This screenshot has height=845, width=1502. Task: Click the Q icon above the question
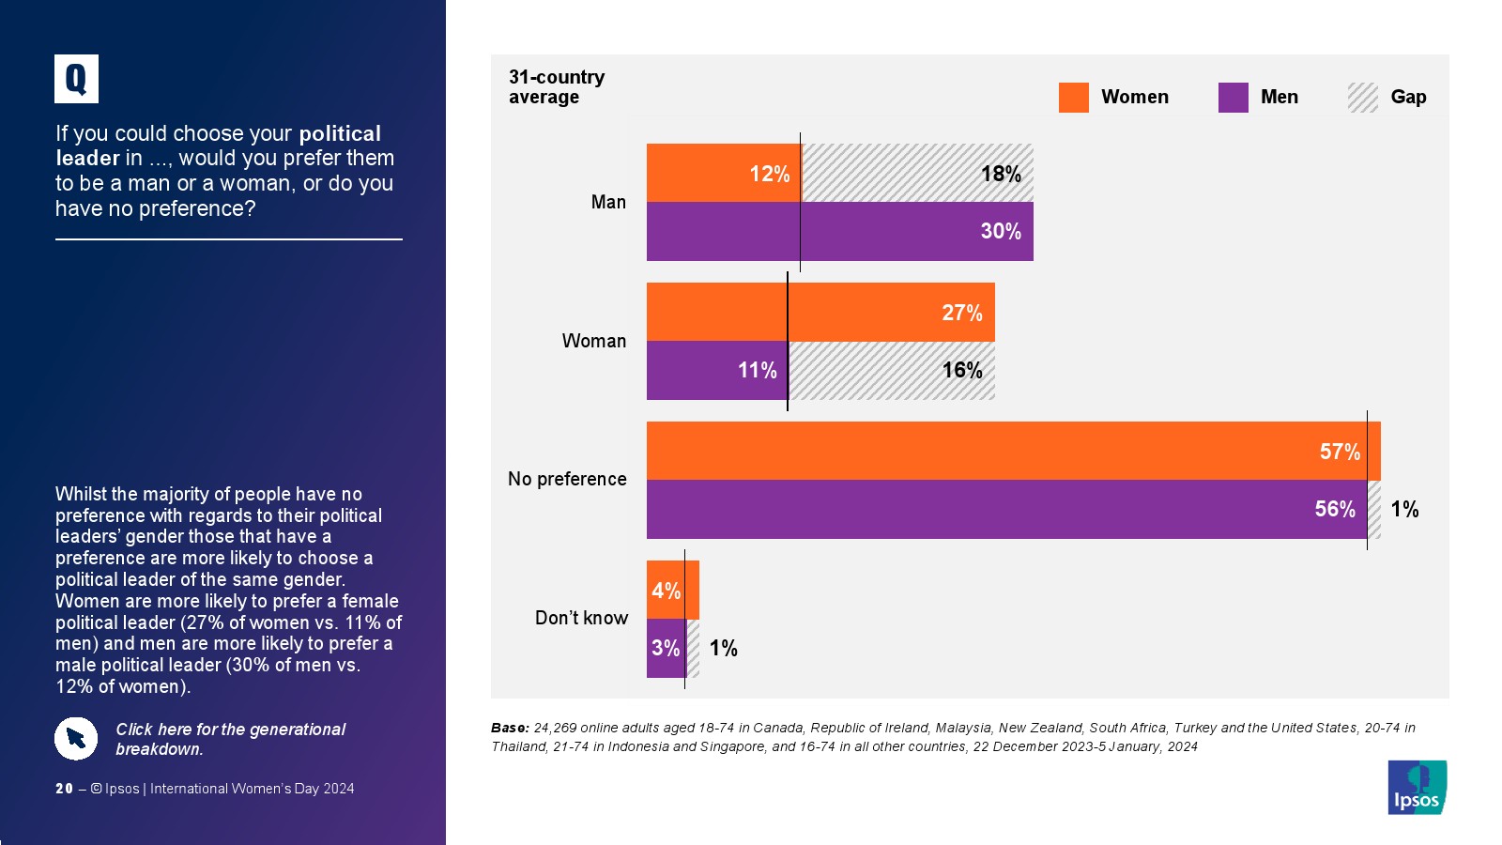[76, 79]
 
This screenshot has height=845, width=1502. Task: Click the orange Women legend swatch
[1073, 98]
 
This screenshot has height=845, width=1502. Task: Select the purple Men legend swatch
[1233, 98]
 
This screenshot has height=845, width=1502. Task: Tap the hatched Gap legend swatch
[1362, 98]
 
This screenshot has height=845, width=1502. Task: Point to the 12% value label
[769, 174]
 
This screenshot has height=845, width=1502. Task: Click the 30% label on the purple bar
[1000, 231]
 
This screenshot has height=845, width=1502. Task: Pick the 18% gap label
[1000, 174]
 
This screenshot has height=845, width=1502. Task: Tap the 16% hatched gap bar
[891, 371]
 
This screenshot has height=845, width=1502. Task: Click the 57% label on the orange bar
[1339, 452]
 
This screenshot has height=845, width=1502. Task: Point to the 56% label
[1334, 509]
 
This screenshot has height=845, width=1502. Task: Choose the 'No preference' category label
[567, 479]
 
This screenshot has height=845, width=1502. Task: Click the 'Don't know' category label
[581, 618]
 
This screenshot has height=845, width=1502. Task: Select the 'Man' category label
[608, 202]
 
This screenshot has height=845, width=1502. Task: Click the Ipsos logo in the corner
[1417, 788]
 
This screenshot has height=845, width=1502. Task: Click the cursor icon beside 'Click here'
[76, 739]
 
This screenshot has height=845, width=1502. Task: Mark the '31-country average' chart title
[557, 87]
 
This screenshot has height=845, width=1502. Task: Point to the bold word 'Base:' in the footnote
[510, 728]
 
